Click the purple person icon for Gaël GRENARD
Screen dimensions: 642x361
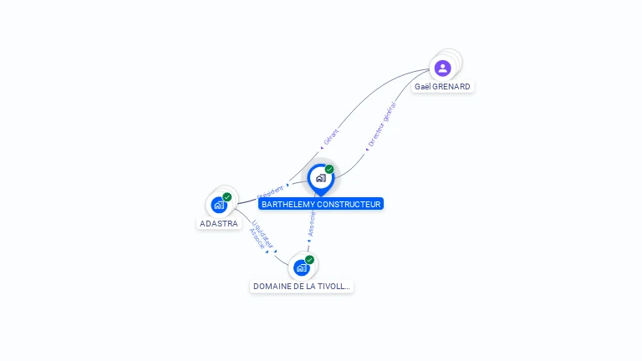[443, 68]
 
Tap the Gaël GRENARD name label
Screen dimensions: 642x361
[442, 86]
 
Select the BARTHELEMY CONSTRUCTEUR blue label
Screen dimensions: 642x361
[321, 204]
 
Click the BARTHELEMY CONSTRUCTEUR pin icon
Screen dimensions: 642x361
[320, 178]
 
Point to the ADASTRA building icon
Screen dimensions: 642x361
[218, 205]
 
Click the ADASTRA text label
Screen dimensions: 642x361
[219, 223]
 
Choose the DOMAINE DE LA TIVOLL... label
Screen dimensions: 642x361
[301, 286]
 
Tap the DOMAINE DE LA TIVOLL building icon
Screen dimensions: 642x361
[301, 267]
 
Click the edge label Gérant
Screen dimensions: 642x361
[331, 138]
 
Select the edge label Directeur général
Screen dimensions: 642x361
[382, 125]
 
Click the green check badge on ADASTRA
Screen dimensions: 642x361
[227, 197]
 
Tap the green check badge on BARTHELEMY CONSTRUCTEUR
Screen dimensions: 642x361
[329, 170]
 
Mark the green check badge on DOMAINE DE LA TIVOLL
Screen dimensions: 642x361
[310, 260]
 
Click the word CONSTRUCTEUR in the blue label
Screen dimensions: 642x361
[350, 204]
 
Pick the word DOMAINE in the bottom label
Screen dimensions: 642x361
[272, 286]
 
